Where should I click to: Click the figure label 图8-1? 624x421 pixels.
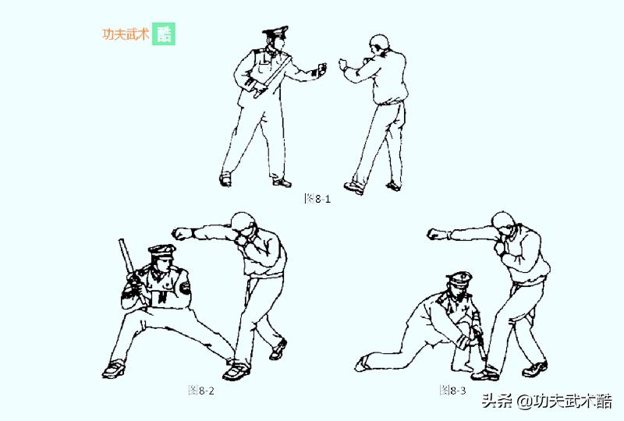coord(317,198)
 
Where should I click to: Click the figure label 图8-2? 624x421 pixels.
coord(201,390)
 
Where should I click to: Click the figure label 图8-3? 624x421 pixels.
coord(452,389)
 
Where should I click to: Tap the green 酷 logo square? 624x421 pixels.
coord(164,34)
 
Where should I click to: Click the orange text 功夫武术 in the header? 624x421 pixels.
coord(125,34)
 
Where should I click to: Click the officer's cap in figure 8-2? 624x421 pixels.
coord(161,252)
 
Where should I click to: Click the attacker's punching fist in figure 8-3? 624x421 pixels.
coord(437,232)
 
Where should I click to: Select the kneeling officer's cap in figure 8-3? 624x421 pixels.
coord(458,279)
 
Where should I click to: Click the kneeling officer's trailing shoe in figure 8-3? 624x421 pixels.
coord(364,363)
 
